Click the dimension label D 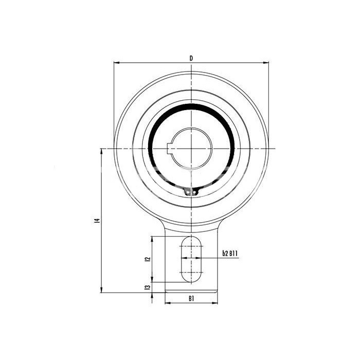[x=191, y=58]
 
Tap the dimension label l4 [x=98, y=221]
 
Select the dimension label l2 [x=148, y=259]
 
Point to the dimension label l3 [x=148, y=287]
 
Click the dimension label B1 [x=191, y=298]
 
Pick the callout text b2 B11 [x=230, y=254]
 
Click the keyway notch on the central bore [x=169, y=149]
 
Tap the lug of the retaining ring [x=191, y=191]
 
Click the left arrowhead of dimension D [x=117, y=62]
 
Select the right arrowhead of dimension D [x=266, y=62]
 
